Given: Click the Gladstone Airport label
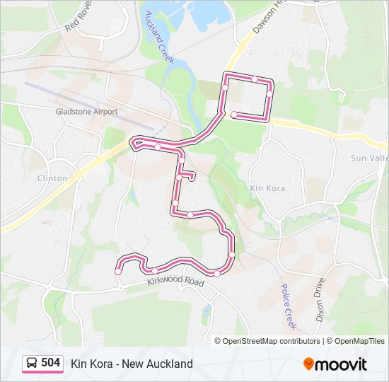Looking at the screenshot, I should [86, 112].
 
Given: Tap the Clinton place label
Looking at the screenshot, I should [52, 178].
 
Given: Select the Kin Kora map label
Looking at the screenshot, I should [267, 188].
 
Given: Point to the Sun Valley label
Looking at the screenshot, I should [368, 158].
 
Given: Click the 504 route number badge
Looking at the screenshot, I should [50, 363].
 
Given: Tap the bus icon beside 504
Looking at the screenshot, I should [32, 364].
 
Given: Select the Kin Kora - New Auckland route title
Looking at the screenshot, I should [132, 364].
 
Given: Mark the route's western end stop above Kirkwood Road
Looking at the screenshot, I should [118, 271].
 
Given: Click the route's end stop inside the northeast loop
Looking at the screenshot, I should [234, 115].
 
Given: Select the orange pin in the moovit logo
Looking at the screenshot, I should [308, 364].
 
